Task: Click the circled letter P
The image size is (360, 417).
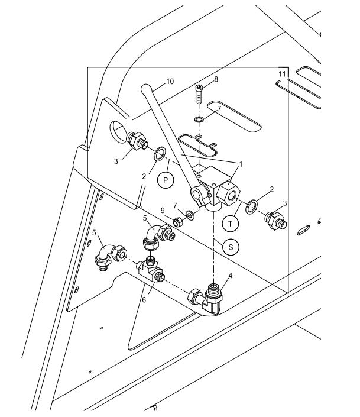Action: (166, 181)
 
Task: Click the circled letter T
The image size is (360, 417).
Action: (231, 222)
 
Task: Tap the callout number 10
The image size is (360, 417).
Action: (170, 82)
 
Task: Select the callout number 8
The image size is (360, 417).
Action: (216, 79)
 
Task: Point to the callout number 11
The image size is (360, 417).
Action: (283, 73)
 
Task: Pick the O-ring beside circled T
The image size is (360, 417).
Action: (251, 206)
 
